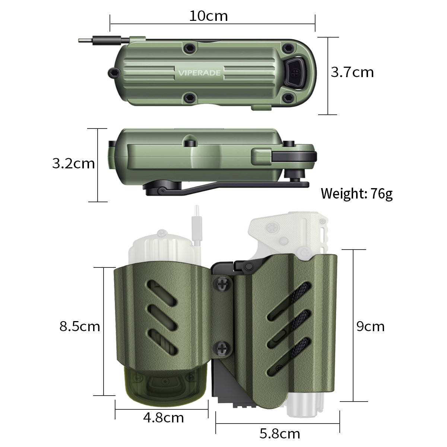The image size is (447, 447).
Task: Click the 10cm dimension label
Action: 208,16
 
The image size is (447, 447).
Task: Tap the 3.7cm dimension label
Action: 352,72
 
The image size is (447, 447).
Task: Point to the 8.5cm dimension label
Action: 80,326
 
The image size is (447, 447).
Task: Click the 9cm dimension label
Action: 370,326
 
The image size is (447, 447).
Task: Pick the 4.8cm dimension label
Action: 163,418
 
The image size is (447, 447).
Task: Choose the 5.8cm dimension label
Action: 279,434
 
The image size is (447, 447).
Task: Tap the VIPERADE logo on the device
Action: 199,73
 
